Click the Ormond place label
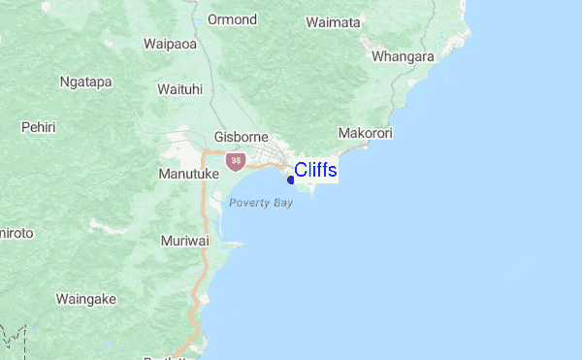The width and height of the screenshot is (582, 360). coord(233,19)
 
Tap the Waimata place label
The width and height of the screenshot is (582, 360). coord(333,21)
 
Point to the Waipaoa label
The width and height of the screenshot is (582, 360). coord(170,44)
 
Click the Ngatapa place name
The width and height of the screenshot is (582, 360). coord(84,82)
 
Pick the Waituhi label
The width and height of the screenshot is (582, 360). coord(179,89)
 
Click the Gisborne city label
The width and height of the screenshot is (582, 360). coord(241,138)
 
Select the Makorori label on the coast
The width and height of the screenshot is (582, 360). coord(366,132)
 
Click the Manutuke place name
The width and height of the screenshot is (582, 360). coord(188,174)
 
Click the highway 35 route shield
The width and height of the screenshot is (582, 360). coord(235,159)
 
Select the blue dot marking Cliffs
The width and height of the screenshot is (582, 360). coord(291,180)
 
